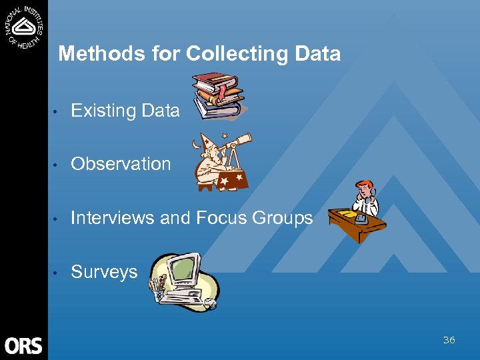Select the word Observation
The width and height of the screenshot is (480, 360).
121,164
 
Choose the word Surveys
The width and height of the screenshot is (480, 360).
104,272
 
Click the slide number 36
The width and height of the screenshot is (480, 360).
449,340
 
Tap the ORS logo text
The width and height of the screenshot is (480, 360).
23,346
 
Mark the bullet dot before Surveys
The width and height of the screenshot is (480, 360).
58,273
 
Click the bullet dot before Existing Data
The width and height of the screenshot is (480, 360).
58,111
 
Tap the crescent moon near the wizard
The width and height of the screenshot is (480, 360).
195,144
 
